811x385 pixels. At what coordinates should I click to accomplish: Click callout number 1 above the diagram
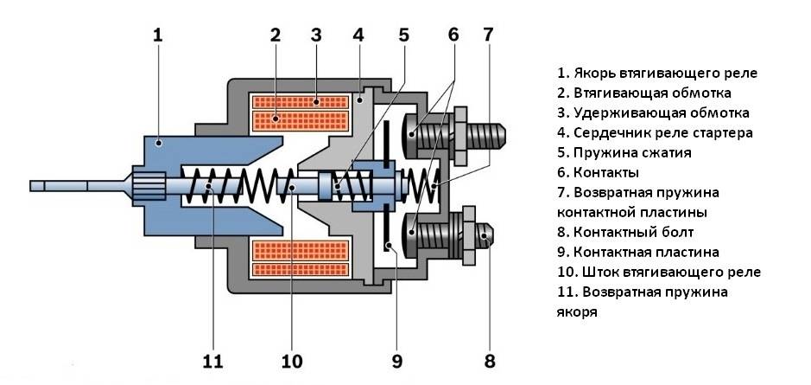(157, 35)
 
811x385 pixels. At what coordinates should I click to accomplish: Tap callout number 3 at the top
(316, 35)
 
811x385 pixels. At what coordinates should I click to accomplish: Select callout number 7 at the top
(488, 35)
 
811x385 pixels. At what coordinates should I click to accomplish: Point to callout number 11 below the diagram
(212, 360)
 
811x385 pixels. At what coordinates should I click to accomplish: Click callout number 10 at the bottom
(292, 360)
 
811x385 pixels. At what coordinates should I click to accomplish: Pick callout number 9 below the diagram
(397, 360)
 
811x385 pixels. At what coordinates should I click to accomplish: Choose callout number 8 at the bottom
(491, 360)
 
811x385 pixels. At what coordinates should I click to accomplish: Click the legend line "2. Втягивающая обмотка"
(644, 93)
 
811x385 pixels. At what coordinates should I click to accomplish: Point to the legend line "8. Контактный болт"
(637, 232)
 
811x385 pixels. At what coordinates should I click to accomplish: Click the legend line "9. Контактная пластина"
(650, 252)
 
